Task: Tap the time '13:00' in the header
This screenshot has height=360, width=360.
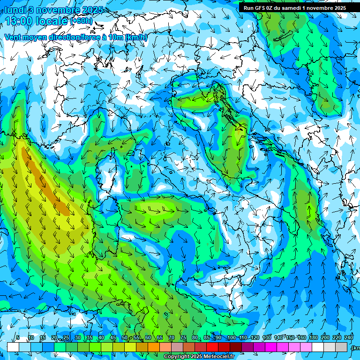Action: pos(21,21)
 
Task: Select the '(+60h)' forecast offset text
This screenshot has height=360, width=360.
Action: pos(81,21)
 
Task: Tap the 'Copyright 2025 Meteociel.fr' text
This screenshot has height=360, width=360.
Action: pos(202,357)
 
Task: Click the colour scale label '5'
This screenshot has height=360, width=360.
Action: pos(18,337)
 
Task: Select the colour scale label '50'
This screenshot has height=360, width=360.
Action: pos(124,337)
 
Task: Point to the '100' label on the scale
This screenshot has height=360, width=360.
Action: pos(231,337)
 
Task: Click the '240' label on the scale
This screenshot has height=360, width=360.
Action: pos(349,337)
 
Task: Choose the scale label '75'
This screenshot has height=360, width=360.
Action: pos(183,337)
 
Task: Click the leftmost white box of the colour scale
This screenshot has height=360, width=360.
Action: pos(13,347)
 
